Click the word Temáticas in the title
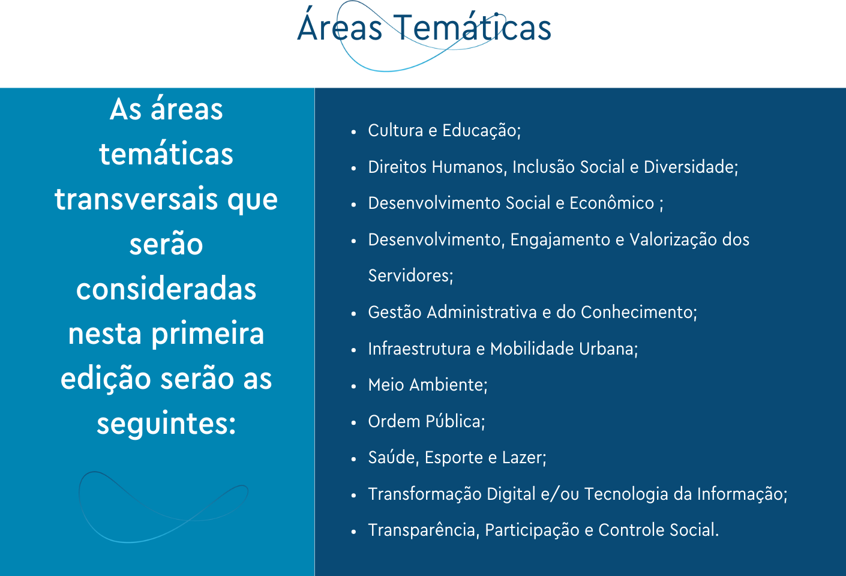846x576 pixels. coord(473,27)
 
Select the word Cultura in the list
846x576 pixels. coord(395,130)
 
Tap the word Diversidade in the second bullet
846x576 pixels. coord(691,167)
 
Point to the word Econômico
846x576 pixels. coord(611,203)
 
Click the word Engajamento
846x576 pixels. coord(560,240)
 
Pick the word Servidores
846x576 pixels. coord(410,276)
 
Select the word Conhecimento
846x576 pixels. coord(638,313)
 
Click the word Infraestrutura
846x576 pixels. coord(419,349)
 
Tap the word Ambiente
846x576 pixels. coord(448,385)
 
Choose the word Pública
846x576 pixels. coord(455,421)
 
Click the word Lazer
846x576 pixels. coord(524,457)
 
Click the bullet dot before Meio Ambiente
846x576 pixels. coord(354,386)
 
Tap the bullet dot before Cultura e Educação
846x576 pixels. coord(354,132)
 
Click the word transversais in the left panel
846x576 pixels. coord(136,199)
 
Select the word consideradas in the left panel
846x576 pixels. coord(166,288)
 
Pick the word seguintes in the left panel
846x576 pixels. coord(166,424)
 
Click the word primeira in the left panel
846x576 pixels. coord(208,333)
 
